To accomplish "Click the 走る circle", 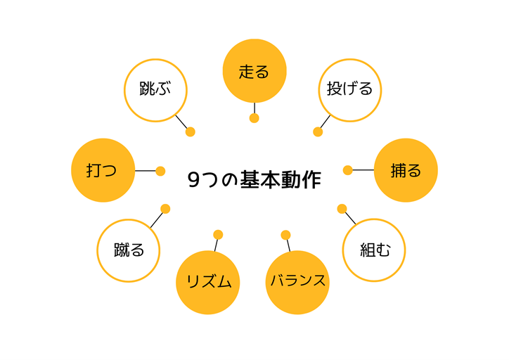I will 254,71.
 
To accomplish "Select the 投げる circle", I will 349,90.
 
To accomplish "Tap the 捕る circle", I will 406,170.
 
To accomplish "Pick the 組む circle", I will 374,250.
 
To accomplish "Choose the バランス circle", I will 298,281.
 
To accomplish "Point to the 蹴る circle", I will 129,250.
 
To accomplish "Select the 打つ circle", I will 103,170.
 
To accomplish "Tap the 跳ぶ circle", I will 155,90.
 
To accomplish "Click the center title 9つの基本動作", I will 254,180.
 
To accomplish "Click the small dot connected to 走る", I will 254,118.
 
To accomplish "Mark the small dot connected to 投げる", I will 318,131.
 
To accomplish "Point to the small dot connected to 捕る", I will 347,170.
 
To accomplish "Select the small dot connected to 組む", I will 342,209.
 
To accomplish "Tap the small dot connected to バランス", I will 285,235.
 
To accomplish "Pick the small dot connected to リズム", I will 218,235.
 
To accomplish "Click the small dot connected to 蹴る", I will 165,209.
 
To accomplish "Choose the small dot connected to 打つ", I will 160,171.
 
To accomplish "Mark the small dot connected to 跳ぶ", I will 190,131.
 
